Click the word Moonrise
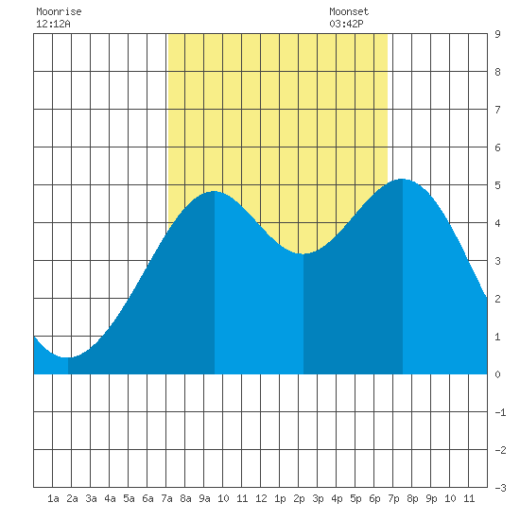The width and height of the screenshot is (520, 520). pyautogui.click(x=59, y=11)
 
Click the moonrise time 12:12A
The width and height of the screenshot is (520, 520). pyautogui.click(x=53, y=24)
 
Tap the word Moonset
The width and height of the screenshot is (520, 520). pyautogui.click(x=349, y=11)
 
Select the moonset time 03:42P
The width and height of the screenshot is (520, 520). pyautogui.click(x=346, y=24)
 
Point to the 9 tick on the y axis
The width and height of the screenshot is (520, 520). pyautogui.click(x=497, y=34)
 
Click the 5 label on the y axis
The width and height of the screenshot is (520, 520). pyautogui.click(x=497, y=185)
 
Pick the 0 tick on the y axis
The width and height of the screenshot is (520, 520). pyautogui.click(x=497, y=374)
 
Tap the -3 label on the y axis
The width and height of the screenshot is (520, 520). pyautogui.click(x=500, y=488)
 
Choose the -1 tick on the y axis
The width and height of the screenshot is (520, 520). pyautogui.click(x=500, y=412)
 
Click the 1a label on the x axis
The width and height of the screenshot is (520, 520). pyautogui.click(x=53, y=498)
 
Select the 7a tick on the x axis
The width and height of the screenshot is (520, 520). pyautogui.click(x=166, y=498)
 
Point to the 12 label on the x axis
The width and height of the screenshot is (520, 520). pyautogui.click(x=261, y=498)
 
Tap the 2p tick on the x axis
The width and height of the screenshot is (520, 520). pyautogui.click(x=299, y=498)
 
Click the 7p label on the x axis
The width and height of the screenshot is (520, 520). pyautogui.click(x=393, y=498)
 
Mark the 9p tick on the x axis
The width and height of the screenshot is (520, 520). pyautogui.click(x=431, y=498)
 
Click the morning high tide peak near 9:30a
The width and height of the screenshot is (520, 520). pyautogui.click(x=215, y=191)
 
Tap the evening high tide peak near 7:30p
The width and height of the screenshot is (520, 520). pyautogui.click(x=402, y=179)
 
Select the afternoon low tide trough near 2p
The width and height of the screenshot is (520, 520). pyautogui.click(x=303, y=254)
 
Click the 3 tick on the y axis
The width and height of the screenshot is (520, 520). pyautogui.click(x=497, y=261)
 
